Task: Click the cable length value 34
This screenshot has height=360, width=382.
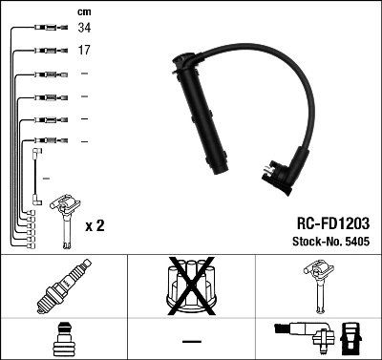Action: (x=84, y=30)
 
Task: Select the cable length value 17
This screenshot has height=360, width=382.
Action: (x=84, y=51)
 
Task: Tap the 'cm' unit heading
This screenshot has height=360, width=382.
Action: (x=84, y=11)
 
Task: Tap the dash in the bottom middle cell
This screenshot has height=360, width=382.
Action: (x=191, y=341)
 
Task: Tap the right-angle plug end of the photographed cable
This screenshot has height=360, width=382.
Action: (x=283, y=178)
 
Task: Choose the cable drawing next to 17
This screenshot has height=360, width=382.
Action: (x=42, y=51)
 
